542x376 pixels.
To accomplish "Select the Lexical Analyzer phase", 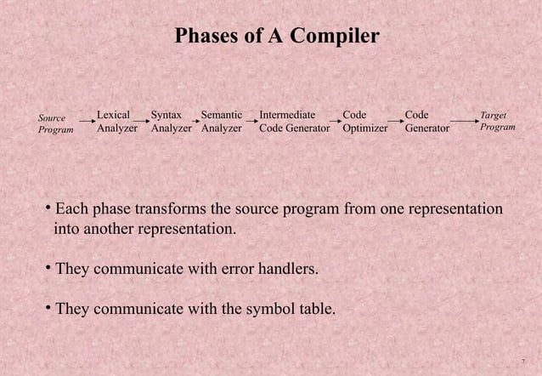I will pyautogui.click(x=117, y=122).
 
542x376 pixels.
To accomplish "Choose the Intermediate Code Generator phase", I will pyautogui.click(x=294, y=122).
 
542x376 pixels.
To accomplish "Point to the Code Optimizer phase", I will pyautogui.click(x=364, y=122).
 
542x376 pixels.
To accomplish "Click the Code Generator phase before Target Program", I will pyautogui.click(x=426, y=122).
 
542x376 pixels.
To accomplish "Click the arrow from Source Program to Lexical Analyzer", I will pyautogui.click(x=84, y=123).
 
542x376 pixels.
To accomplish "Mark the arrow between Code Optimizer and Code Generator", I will pyautogui.click(x=394, y=123).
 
